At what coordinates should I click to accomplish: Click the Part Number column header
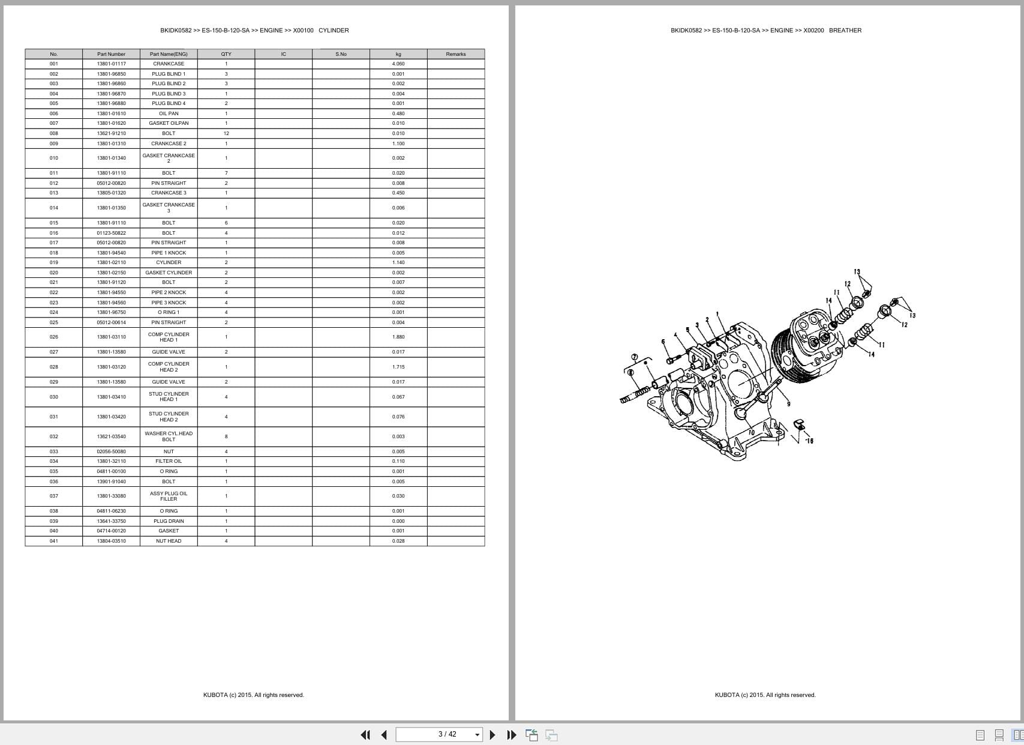tap(111, 54)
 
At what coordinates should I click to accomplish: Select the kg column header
tap(398, 54)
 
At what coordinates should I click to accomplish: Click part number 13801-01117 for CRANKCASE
tap(111, 64)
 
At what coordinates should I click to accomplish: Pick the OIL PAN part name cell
tap(169, 113)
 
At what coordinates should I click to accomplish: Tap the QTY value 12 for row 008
tap(226, 133)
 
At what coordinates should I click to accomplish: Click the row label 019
tap(54, 262)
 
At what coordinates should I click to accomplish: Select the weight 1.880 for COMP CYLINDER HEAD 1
tap(398, 337)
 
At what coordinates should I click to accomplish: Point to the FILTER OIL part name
tap(169, 461)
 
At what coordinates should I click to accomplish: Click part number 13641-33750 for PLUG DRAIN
tap(111, 521)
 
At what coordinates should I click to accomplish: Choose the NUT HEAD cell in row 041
tap(169, 541)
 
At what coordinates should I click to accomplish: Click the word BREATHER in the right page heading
tap(845, 30)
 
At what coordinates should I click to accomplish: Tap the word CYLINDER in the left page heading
tap(334, 30)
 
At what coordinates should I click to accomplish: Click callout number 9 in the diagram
tap(788, 404)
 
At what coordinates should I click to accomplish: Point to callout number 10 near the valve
tap(751, 432)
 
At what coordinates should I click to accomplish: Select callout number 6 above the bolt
tap(663, 342)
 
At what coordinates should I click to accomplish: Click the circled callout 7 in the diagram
tap(635, 357)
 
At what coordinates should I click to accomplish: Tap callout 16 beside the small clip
tap(809, 441)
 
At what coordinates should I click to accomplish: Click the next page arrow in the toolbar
tap(493, 735)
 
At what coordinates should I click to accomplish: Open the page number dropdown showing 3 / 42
tap(478, 735)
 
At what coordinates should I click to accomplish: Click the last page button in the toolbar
tap(511, 735)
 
